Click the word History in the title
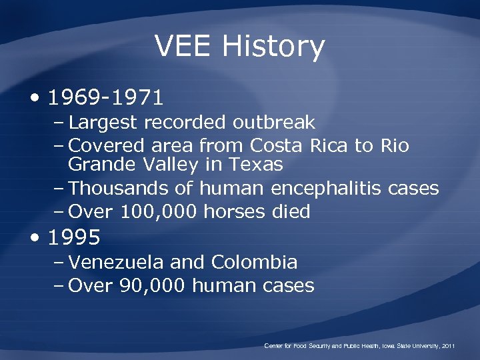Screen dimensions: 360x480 [x=274, y=47]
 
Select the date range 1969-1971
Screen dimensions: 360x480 [x=106, y=98]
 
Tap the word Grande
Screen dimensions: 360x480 [x=102, y=164]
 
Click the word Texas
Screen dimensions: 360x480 [x=259, y=163]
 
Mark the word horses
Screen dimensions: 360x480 [x=235, y=211]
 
